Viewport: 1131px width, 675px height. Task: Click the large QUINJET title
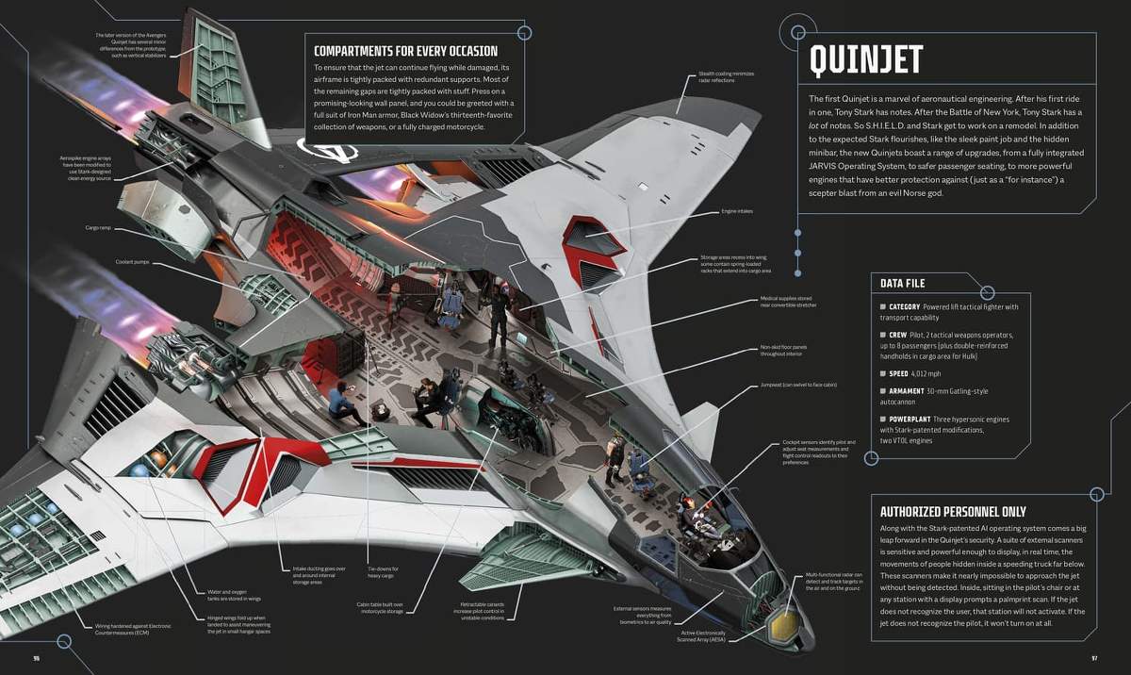pos(866,59)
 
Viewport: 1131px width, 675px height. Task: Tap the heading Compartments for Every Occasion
pos(405,51)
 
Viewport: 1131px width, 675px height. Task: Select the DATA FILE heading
pos(902,283)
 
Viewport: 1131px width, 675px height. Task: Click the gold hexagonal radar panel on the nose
pos(781,623)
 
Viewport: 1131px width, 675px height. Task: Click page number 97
pos(1094,658)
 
